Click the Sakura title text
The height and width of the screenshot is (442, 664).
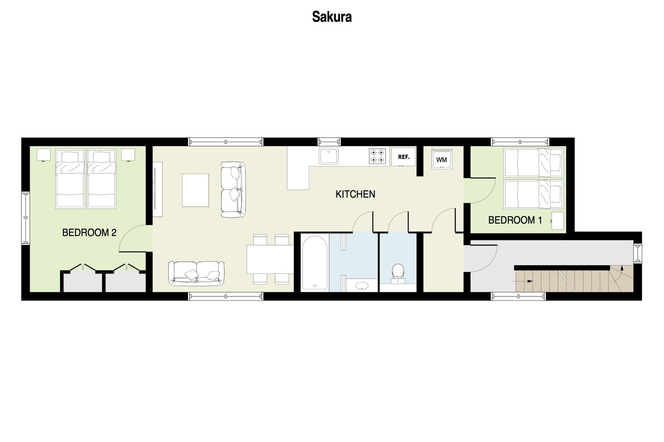point(332,17)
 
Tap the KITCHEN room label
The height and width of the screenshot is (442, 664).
point(355,194)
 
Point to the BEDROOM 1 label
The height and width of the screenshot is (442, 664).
point(515,220)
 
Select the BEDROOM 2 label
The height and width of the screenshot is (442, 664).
point(89,232)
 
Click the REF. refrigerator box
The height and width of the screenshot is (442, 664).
point(403,157)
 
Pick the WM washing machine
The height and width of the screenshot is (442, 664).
point(442,159)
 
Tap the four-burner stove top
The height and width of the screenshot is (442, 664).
point(377,156)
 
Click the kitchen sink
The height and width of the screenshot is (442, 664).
point(328,156)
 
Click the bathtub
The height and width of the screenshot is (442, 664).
point(314,263)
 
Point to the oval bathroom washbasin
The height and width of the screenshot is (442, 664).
point(362,286)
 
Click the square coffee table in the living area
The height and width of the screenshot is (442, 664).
point(195,190)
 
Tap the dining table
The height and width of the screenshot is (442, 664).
point(270,259)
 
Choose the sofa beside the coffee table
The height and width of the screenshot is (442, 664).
point(233,190)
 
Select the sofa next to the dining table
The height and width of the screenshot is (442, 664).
point(196,274)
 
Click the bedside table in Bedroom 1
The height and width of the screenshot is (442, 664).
point(557,221)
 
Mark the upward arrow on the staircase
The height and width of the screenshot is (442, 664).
point(622,269)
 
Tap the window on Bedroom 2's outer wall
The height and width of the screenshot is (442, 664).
point(26,218)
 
